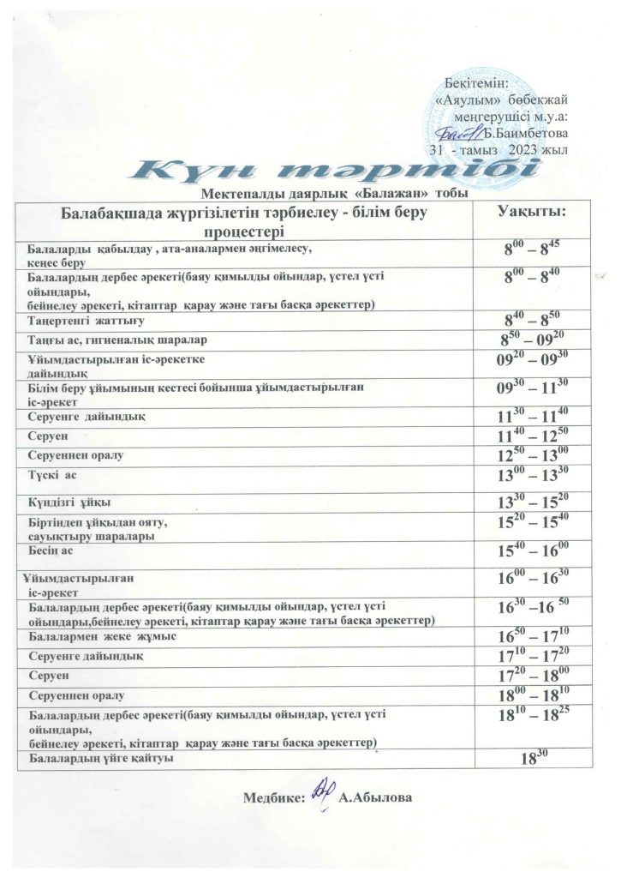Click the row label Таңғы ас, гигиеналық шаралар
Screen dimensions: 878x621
106,341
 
